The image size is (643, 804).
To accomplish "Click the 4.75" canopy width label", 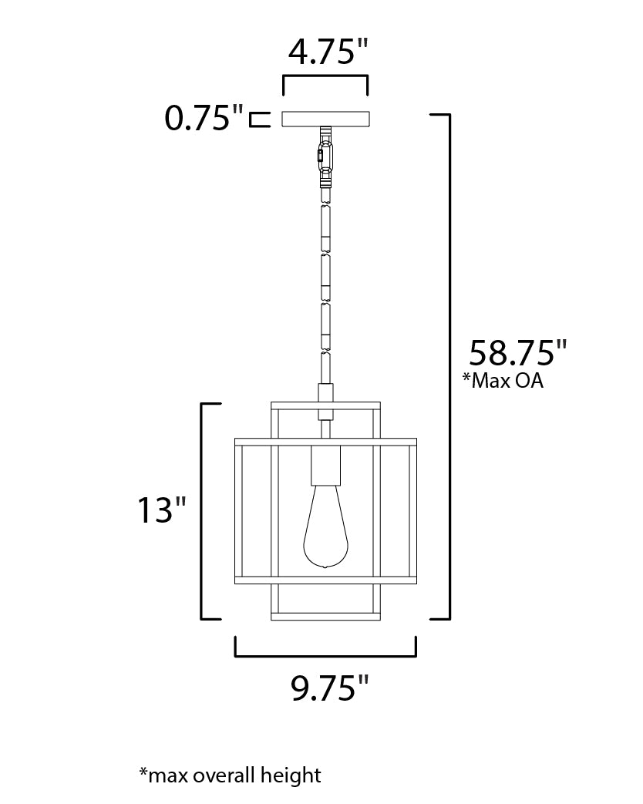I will pyautogui.click(x=325, y=53).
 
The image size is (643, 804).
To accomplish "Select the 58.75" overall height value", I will pyautogui.click(x=517, y=354).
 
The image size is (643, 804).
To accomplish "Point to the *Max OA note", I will pyautogui.click(x=502, y=381).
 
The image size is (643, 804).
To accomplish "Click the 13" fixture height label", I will pyautogui.click(x=161, y=510).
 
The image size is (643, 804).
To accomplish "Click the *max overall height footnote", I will pyautogui.click(x=230, y=775).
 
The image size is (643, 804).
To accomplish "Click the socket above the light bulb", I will pyautogui.click(x=325, y=466).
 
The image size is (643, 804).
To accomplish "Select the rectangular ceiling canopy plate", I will pyautogui.click(x=325, y=119).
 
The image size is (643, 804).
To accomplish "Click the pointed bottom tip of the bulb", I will pyautogui.click(x=325, y=568).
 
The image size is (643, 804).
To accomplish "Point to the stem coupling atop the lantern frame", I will pyautogui.click(x=325, y=394).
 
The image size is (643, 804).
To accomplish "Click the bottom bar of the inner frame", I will pyautogui.click(x=325, y=617).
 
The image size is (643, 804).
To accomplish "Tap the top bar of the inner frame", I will pyautogui.click(x=325, y=405).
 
